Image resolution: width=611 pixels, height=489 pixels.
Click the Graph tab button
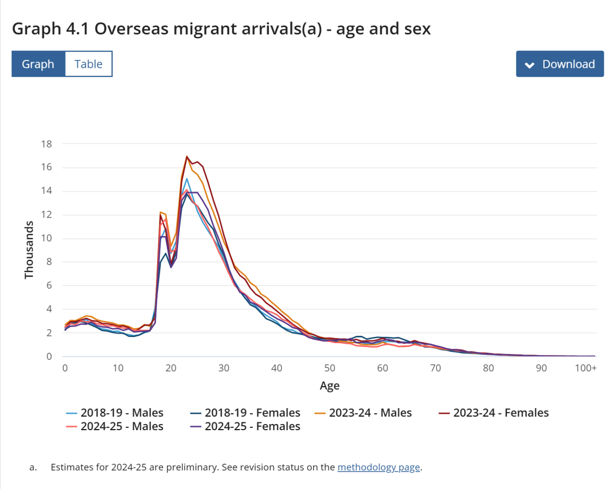coord(38,64)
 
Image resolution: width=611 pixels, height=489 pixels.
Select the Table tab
coord(89,64)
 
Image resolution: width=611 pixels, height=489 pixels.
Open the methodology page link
coord(378,467)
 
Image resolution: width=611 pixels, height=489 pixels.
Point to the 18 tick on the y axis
coord(46,144)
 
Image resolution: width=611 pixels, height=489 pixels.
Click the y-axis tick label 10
coord(46,238)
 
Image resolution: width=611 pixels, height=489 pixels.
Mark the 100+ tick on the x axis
coord(586,368)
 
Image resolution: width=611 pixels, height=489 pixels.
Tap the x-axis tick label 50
coord(330,368)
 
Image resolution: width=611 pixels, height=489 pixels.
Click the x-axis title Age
coord(330,386)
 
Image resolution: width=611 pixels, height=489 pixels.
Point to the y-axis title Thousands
coord(29,250)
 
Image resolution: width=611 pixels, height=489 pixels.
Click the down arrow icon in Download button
coord(530,64)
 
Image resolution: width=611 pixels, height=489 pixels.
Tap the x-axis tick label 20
coord(171,368)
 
